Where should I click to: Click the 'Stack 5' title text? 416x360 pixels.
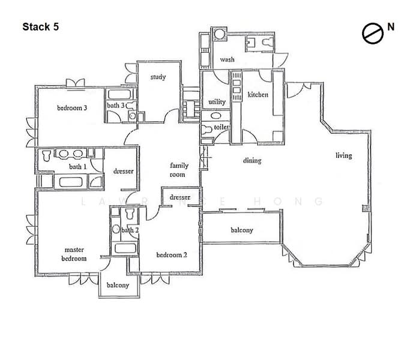tap(41, 27)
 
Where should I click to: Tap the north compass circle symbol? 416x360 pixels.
tap(373, 34)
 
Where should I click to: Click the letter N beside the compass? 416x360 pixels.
tap(391, 27)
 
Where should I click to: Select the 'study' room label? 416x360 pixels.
tap(158, 77)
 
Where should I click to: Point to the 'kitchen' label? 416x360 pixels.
tap(258, 94)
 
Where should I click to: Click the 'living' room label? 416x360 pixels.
tap(344, 155)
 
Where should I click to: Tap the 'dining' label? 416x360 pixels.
tap(252, 161)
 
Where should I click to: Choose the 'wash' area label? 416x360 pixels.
tap(227, 59)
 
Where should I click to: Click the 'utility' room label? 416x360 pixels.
tap(217, 102)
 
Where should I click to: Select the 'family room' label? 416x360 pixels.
tap(179, 170)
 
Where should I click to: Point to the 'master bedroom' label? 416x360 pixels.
tap(74, 254)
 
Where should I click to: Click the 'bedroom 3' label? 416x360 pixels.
tap(72, 108)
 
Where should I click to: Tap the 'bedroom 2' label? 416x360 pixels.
tap(172, 255)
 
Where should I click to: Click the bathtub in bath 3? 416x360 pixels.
tap(119, 95)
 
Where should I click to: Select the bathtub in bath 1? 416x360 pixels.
tap(71, 182)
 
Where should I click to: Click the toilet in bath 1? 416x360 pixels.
tap(46, 155)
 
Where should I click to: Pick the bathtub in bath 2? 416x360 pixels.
tap(125, 248)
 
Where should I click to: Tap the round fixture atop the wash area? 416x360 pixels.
tap(219, 34)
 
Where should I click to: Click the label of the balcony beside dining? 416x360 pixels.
tap(242, 230)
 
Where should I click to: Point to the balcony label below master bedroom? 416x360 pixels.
tap(118, 285)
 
